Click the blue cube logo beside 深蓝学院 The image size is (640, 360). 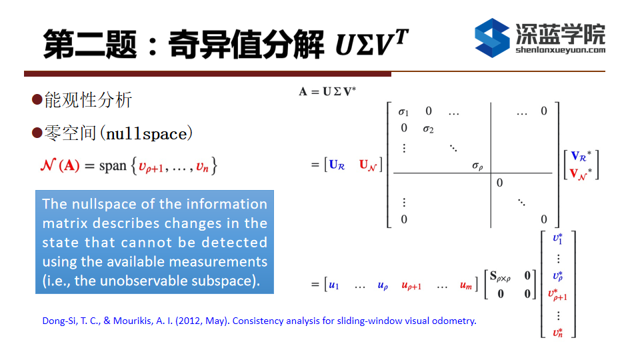(492, 37)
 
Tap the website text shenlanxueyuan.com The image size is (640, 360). (560, 50)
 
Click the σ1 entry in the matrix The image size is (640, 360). (403, 111)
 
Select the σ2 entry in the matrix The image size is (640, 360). (428, 129)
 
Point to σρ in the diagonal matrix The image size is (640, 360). (477, 166)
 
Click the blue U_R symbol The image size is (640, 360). (337, 165)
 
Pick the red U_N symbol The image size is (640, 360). (367, 165)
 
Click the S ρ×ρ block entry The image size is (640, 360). (499, 276)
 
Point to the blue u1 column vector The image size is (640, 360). (334, 285)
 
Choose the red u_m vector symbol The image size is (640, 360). (466, 285)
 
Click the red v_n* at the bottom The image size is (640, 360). (558, 333)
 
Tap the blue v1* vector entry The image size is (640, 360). (558, 239)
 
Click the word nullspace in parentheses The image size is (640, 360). (149, 134)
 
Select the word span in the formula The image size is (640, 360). (113, 166)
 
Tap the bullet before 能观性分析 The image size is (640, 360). (37, 99)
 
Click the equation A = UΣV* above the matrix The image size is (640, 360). (327, 91)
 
